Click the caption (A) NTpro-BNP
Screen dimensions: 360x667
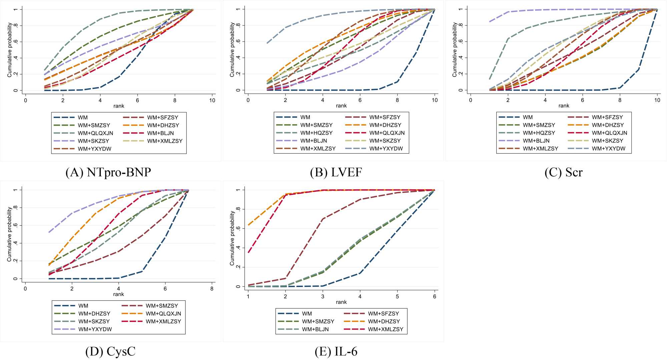(x=108, y=172)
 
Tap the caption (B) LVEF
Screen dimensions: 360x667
(x=336, y=172)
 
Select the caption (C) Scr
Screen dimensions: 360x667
(x=564, y=172)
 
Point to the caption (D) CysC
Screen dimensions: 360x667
(x=110, y=351)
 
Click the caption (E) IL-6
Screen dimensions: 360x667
(x=336, y=351)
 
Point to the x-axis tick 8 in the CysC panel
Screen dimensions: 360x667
(x=212, y=289)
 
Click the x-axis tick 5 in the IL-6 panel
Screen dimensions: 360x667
(x=397, y=296)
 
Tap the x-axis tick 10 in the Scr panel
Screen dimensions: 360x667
(x=657, y=100)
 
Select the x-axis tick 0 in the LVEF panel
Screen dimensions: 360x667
(x=248, y=100)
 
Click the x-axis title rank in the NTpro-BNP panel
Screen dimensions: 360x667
(x=119, y=106)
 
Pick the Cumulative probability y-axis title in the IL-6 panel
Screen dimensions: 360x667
(x=232, y=238)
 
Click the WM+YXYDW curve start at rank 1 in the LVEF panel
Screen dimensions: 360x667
(x=267, y=43)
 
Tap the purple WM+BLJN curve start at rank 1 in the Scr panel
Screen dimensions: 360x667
(x=490, y=22)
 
